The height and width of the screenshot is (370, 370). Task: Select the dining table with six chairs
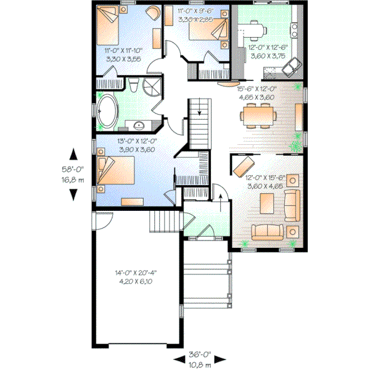(258, 113)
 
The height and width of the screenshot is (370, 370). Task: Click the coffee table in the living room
(267, 202)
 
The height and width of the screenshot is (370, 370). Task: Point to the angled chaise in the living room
(242, 165)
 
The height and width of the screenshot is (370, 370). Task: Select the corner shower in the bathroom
(150, 86)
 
